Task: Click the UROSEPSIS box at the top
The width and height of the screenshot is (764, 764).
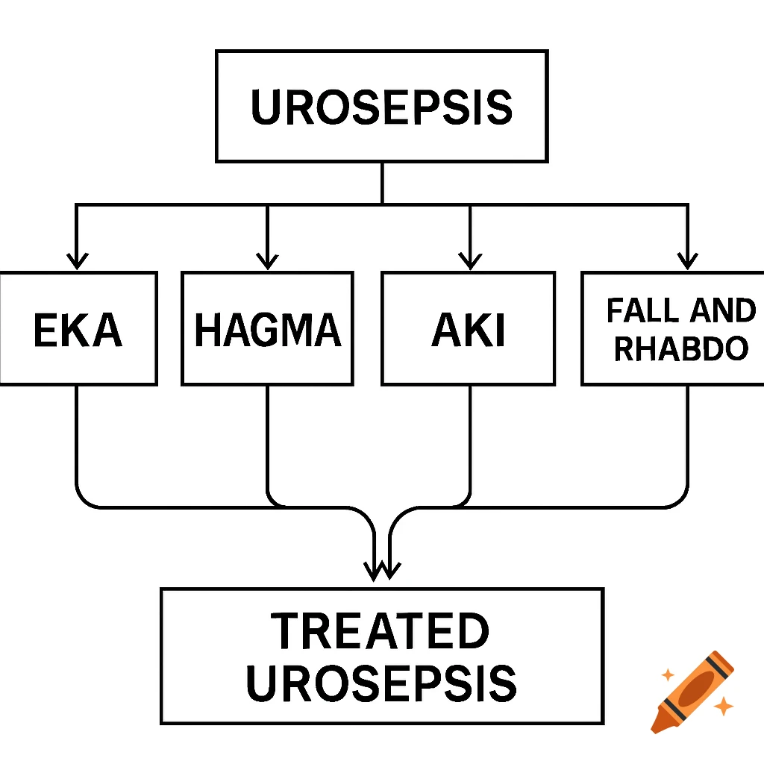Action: [382, 106]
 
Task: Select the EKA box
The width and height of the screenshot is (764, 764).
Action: [78, 329]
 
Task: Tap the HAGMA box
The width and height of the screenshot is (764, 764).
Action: [267, 329]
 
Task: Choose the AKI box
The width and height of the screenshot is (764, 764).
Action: [468, 329]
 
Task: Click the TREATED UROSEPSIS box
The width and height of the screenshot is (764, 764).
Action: [381, 656]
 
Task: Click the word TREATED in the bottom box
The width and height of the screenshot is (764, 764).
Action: [380, 631]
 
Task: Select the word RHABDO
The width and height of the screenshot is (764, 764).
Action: [680, 348]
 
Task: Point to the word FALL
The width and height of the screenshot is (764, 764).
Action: [635, 310]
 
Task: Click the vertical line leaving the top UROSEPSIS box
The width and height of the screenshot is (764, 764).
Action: [382, 183]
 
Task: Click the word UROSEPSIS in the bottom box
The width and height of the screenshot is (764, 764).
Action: [381, 683]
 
